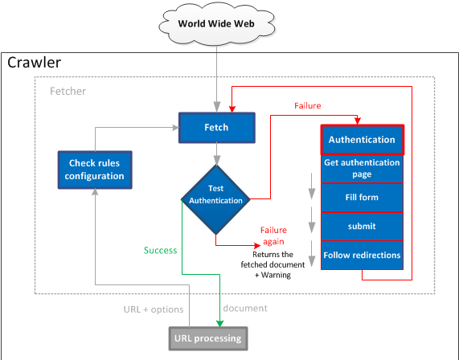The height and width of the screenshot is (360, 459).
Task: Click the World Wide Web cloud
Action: coord(216,24)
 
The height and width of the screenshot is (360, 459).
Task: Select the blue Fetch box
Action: coord(216,128)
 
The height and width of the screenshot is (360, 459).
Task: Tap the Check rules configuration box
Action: coord(95,170)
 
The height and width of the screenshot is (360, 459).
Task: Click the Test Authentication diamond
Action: coord(215,199)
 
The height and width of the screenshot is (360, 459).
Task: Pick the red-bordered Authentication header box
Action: coord(362,140)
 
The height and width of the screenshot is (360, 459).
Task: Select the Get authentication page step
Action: coord(362,169)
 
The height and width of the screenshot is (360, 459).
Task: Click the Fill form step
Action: coord(362,198)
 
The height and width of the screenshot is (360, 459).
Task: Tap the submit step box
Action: coord(362,227)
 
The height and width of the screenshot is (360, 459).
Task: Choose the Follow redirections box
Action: coord(362,255)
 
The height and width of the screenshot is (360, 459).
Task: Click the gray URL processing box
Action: coord(208,338)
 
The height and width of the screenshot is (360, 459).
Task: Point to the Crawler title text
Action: coord(35,63)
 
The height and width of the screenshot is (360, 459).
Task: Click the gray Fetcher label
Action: coord(68,92)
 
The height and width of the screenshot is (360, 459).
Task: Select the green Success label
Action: coord(161,251)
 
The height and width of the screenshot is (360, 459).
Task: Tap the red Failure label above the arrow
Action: coord(308,105)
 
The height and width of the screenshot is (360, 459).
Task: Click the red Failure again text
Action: coord(273,236)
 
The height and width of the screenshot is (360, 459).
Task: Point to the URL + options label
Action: coord(154,309)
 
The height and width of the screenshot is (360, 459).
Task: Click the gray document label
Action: coord(245,309)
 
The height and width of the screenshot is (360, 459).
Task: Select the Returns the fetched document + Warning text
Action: coord(273,264)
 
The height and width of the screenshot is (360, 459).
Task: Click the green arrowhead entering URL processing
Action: coord(219,323)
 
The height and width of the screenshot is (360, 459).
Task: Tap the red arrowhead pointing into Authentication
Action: coord(358,121)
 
